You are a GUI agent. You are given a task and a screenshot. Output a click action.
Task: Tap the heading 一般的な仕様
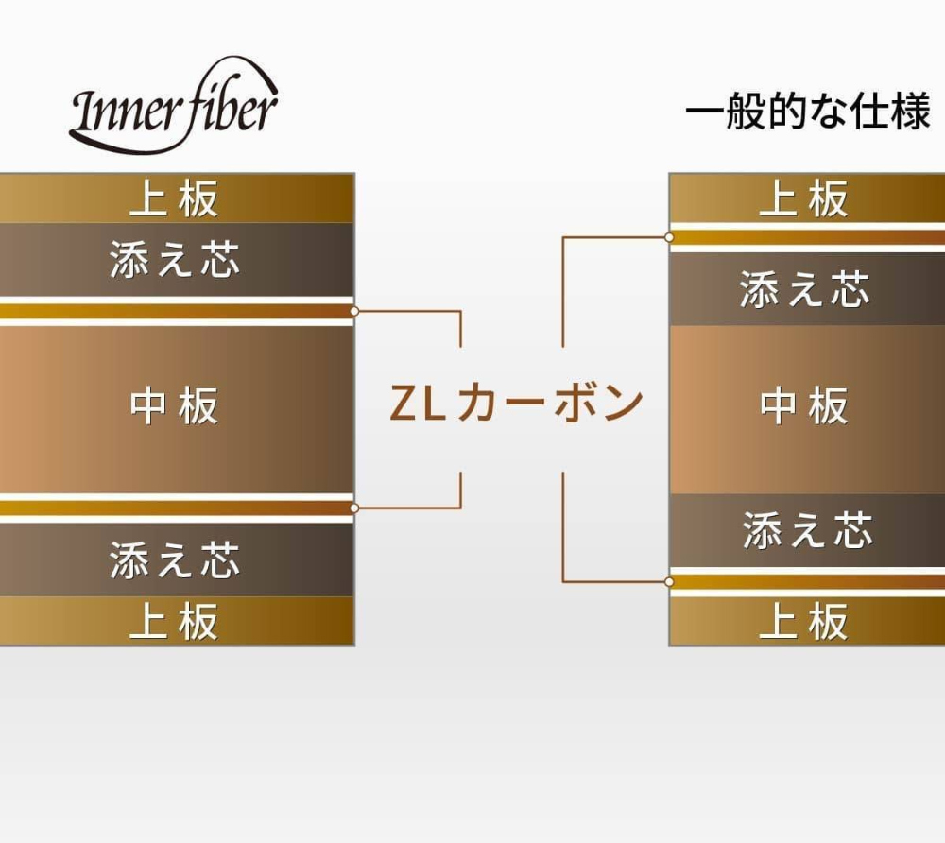click(x=808, y=113)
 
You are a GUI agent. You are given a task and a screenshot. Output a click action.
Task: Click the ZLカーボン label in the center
click(x=517, y=404)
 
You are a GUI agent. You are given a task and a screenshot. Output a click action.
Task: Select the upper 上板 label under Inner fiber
click(x=174, y=199)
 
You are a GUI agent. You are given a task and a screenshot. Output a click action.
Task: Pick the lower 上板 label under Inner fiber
click(x=174, y=622)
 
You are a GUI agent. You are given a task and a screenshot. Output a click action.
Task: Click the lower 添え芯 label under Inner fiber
click(x=175, y=559)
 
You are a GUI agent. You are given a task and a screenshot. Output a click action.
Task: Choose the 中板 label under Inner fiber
click(x=174, y=406)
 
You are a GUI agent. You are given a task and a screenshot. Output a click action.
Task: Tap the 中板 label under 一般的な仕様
click(x=804, y=406)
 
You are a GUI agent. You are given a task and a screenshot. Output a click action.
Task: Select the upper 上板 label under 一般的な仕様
click(x=804, y=199)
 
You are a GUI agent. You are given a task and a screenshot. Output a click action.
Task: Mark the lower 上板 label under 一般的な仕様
click(x=804, y=622)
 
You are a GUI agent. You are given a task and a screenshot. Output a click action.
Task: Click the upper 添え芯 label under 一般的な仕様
click(x=804, y=289)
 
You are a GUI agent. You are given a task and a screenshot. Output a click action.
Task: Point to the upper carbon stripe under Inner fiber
click(x=175, y=311)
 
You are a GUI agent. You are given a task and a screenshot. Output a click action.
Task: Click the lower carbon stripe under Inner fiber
click(x=175, y=508)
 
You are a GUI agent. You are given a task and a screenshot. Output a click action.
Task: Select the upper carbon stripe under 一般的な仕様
click(x=804, y=237)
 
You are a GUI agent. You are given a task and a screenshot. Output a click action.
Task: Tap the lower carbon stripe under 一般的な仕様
click(x=804, y=581)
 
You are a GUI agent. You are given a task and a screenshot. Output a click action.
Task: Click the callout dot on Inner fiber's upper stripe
click(x=354, y=311)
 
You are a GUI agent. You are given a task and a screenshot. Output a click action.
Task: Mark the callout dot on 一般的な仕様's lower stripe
click(x=669, y=581)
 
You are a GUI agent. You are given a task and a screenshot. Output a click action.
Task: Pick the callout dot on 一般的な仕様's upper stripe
click(x=669, y=237)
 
